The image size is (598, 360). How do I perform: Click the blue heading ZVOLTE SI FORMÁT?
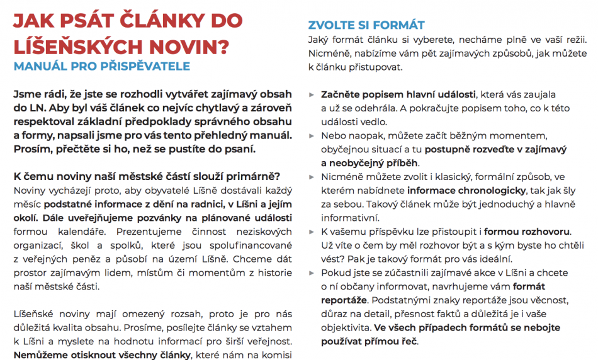click(366, 25)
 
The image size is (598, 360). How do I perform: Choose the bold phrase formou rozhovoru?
click(527, 232)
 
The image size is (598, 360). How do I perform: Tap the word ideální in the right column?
click(495, 259)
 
